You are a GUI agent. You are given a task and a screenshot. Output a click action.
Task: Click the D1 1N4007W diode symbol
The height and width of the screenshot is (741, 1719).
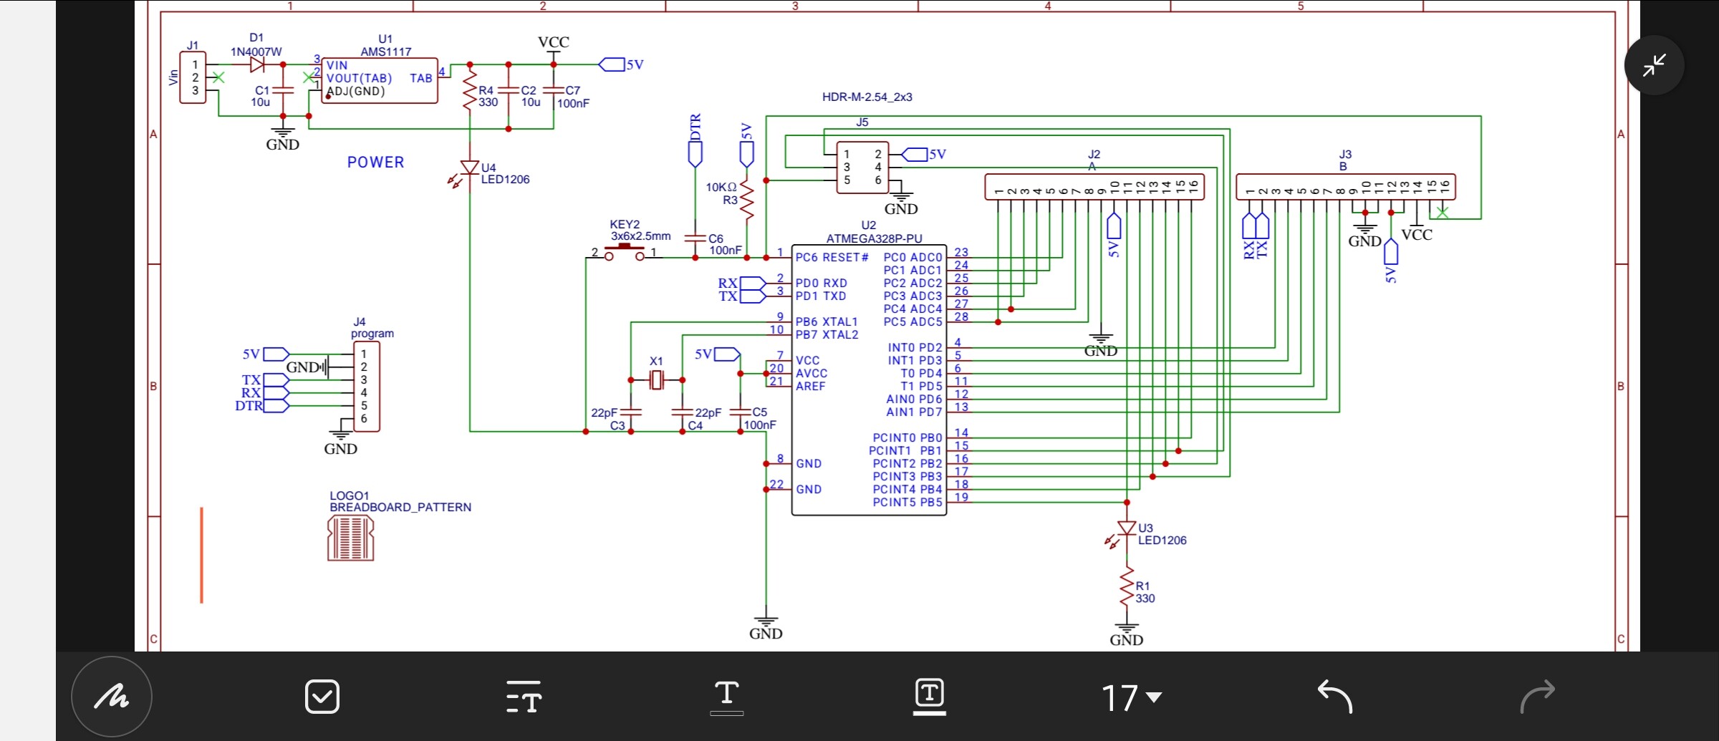click(256, 64)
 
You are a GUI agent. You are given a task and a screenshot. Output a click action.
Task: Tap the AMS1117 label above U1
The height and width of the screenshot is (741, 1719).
click(385, 52)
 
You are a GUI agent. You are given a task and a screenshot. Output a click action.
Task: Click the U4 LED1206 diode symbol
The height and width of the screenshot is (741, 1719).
click(470, 168)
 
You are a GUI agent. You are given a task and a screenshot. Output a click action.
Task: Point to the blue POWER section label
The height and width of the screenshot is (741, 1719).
click(375, 163)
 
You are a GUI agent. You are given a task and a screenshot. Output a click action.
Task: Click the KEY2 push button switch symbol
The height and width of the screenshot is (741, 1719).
click(625, 251)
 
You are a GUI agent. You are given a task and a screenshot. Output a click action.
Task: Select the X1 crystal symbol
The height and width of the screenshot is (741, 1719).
click(656, 380)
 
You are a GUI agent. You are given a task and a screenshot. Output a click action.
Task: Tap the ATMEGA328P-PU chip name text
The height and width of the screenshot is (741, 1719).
click(874, 238)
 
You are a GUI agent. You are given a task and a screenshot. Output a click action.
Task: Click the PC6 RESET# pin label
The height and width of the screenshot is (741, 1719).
click(832, 257)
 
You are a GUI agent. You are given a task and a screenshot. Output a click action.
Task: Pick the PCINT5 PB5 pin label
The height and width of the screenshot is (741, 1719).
click(907, 503)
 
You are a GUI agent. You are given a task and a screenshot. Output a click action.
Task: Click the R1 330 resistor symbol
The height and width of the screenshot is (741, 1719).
click(1127, 587)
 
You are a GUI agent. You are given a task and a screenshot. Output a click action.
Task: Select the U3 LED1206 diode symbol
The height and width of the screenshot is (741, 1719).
click(1127, 529)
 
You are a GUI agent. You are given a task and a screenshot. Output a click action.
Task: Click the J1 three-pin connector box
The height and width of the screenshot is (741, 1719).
click(193, 77)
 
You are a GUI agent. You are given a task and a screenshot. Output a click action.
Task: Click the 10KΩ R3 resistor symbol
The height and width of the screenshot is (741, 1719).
click(746, 199)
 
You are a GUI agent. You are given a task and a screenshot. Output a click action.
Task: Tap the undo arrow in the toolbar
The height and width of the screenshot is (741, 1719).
click(1334, 697)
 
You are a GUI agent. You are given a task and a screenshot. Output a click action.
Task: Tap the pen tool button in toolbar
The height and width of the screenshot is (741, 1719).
click(112, 697)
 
